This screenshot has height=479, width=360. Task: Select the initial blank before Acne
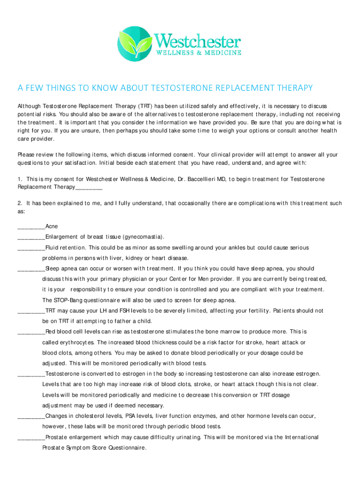(31, 227)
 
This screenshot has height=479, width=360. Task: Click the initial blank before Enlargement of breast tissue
(31, 237)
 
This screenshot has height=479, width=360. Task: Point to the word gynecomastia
(142, 237)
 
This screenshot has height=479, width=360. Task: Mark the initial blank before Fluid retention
(31, 248)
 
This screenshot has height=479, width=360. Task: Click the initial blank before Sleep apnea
(31, 269)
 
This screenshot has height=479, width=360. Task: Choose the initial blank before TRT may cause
(31, 311)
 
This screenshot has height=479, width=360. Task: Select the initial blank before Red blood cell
(31, 332)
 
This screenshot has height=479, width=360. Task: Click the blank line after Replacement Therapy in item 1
(89, 187)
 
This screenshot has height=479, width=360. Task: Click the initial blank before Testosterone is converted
(31, 374)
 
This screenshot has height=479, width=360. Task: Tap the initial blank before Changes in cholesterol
(31, 416)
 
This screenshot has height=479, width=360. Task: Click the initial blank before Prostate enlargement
(31, 438)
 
